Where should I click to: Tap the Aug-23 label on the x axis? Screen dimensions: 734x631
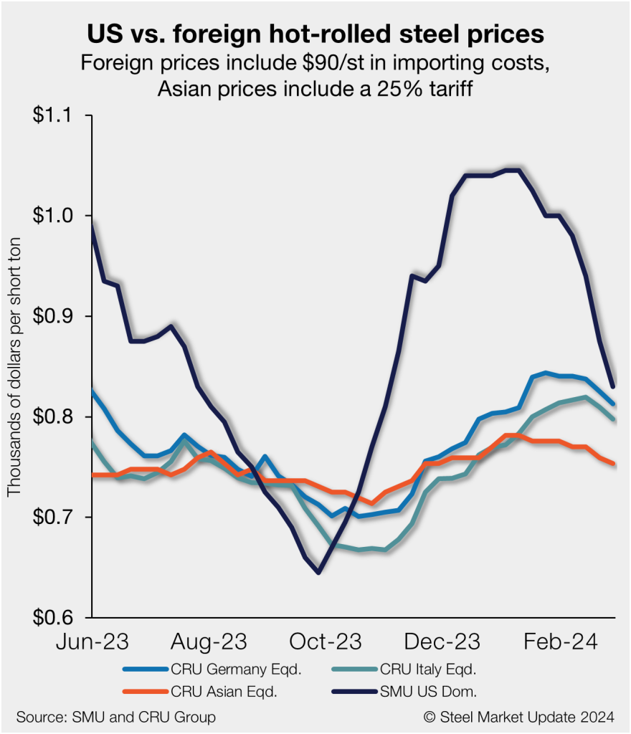coord(209,640)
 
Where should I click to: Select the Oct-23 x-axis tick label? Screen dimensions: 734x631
coord(326,640)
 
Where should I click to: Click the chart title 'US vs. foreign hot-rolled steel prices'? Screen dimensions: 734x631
coord(315,34)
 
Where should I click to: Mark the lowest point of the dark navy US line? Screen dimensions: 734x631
coord(318,572)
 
